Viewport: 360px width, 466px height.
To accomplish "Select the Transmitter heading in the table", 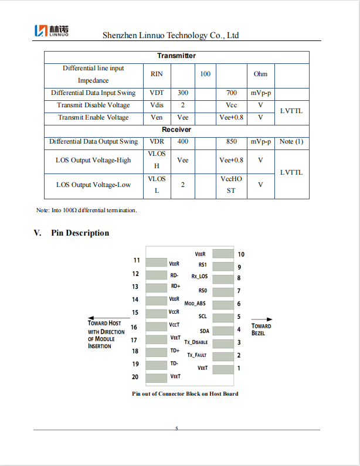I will (176, 56).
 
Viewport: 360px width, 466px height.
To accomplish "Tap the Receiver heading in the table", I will (176, 130).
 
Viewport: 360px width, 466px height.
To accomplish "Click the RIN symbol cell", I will (157, 74).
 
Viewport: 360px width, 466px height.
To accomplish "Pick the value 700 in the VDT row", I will (231, 93).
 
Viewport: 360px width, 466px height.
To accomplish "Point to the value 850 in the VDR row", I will (231, 142).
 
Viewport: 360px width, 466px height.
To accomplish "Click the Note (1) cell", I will (291, 142).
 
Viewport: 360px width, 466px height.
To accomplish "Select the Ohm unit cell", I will (260, 74).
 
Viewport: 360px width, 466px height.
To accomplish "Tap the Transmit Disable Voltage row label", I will (93, 106).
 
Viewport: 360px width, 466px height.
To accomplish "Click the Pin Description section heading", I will (80, 233).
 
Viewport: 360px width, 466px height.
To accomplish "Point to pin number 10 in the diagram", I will (241, 254).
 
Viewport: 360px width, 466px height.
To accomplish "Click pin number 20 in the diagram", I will (135, 377).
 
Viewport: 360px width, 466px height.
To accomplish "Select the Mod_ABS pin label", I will (195, 304).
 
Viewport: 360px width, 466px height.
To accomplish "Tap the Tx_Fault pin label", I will (198, 355).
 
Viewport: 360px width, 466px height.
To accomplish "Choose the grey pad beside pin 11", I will (157, 261).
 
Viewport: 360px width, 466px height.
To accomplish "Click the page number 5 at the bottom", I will (176, 429).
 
